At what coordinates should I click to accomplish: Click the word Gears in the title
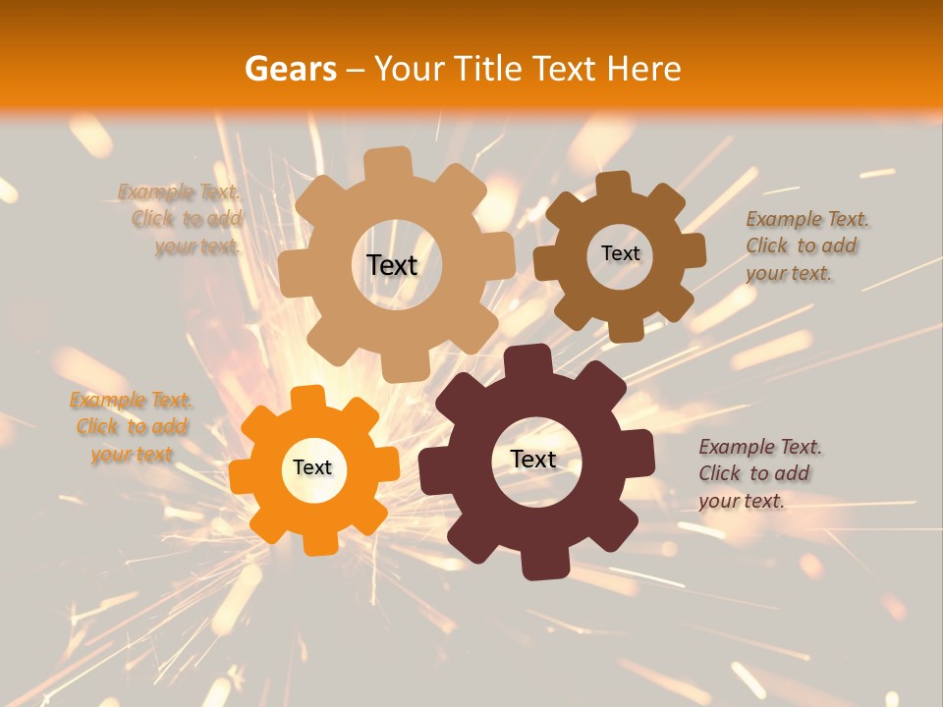[x=290, y=69]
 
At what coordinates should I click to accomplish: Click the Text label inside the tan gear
[x=392, y=265]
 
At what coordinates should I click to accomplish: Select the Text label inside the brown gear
[x=620, y=253]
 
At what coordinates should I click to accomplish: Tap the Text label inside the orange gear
[x=312, y=468]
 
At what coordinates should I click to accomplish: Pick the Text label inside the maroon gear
[x=533, y=459]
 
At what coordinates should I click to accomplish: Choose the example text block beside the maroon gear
[x=757, y=474]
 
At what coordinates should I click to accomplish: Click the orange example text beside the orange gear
[x=131, y=427]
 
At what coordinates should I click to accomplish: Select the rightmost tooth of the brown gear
[x=693, y=249]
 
